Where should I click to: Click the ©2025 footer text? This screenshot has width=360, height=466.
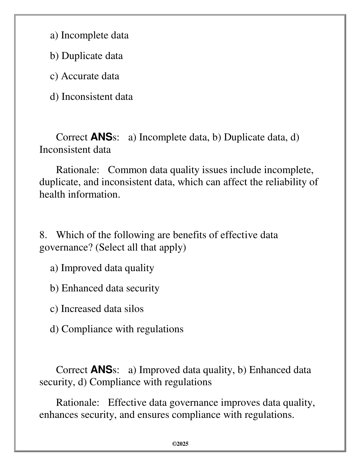coord(180,444)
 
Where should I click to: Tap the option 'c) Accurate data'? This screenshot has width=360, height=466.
coord(84,76)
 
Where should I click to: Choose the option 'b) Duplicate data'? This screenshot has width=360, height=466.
coord(86,56)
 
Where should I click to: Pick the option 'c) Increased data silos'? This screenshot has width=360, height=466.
coord(97,309)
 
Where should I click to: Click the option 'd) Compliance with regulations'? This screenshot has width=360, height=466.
coord(116,329)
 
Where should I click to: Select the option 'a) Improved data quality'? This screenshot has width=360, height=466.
coord(102,268)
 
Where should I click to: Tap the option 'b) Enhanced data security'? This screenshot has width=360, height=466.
coord(104,288)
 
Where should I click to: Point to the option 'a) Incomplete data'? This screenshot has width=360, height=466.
coord(89,35)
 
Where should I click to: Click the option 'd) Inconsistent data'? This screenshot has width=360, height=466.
coord(91,97)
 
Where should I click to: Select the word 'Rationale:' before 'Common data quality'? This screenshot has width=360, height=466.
coord(78,170)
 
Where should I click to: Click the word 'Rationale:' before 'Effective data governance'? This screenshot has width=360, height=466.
coord(78,403)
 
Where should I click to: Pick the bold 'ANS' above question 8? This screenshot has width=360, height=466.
coord(101,137)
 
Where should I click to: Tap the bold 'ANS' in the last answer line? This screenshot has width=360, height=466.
coord(101,370)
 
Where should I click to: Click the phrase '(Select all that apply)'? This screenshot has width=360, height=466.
coord(141,248)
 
